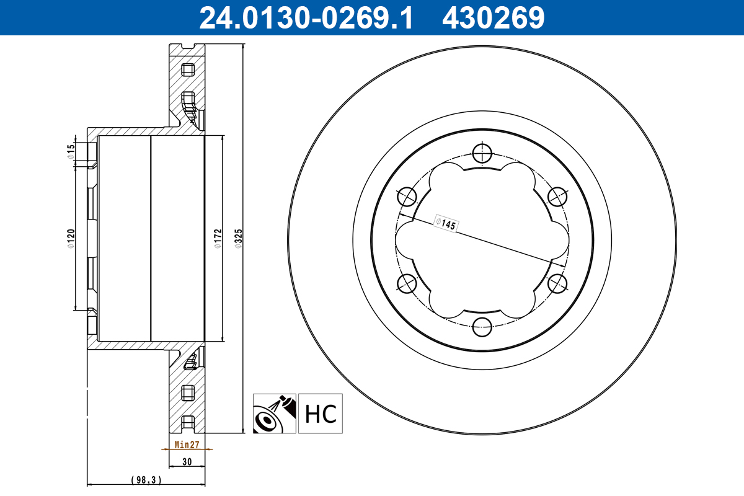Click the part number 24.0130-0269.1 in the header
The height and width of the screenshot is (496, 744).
pyautogui.click(x=305, y=17)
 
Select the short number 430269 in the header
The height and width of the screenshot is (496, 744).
pyautogui.click(x=493, y=17)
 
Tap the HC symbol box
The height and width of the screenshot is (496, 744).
pyautogui.click(x=321, y=413)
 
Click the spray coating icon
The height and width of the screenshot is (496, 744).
pyautogui.click(x=275, y=413)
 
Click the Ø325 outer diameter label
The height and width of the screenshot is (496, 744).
pyautogui.click(x=238, y=239)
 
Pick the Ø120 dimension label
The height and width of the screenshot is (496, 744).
pyautogui.click(x=71, y=239)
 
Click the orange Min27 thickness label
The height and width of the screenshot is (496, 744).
pyautogui.click(x=186, y=445)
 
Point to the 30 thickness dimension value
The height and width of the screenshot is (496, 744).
pyautogui.click(x=187, y=461)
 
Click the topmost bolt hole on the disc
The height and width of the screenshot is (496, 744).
pyautogui.click(x=481, y=153)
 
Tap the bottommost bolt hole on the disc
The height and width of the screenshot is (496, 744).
pyautogui.click(x=481, y=326)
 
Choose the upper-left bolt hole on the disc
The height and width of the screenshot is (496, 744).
pyautogui.click(x=406, y=196)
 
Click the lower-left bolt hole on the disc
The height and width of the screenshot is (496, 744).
pyautogui.click(x=406, y=283)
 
